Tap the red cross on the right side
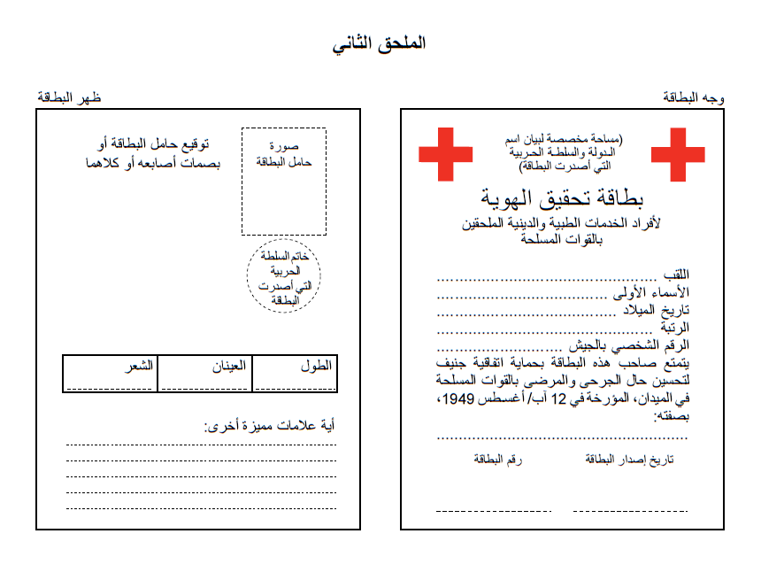[x=678, y=155]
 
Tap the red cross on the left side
[x=446, y=155]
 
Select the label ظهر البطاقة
[x=69, y=97]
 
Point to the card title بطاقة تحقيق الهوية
[x=561, y=197]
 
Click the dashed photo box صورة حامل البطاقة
[x=284, y=182]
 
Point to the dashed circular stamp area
[x=283, y=276]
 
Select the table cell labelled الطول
[x=294, y=373]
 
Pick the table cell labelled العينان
[x=204, y=373]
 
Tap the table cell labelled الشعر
[x=111, y=373]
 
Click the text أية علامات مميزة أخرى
[x=270, y=426]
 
